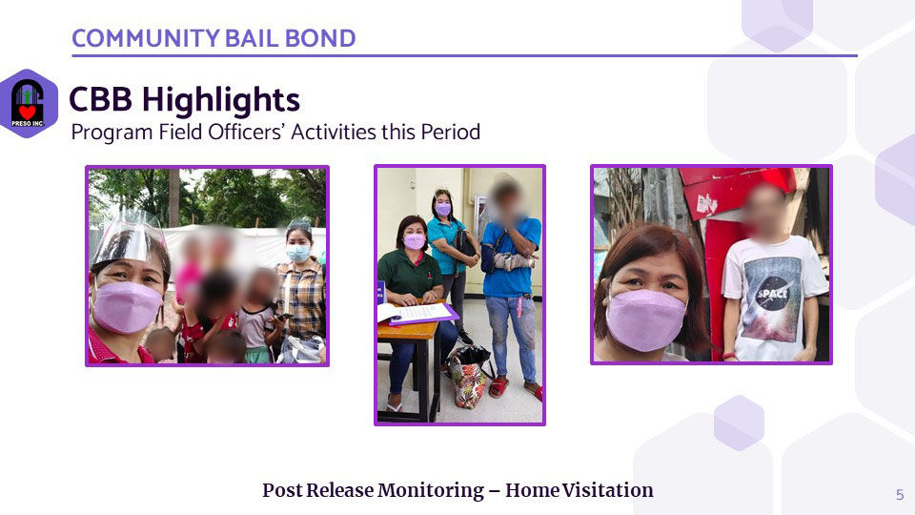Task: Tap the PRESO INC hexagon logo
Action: click(28, 103)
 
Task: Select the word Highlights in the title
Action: click(221, 100)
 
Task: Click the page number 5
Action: click(900, 495)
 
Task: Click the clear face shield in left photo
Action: click(130, 237)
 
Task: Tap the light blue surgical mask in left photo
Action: click(297, 253)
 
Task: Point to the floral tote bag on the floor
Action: click(469, 377)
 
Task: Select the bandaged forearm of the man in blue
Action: click(513, 261)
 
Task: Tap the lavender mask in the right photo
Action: click(645, 320)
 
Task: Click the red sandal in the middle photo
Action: click(498, 388)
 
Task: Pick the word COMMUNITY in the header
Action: click(145, 38)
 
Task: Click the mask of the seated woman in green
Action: click(414, 241)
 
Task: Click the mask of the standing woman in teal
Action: click(443, 210)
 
